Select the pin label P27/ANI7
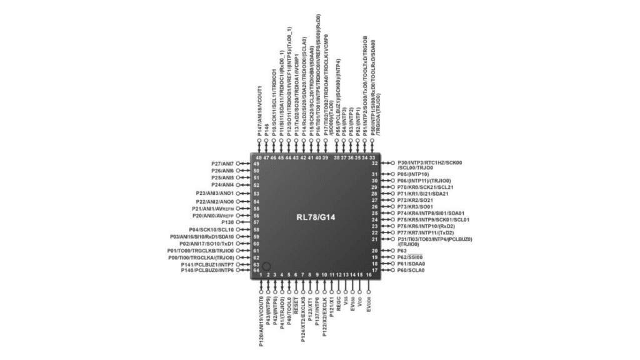[x=223, y=163]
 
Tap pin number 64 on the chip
[x=256, y=270]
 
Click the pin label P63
[x=403, y=251]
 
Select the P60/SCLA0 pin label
[x=411, y=270]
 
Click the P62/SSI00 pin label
[x=410, y=257]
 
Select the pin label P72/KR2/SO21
[x=415, y=200]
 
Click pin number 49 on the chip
[x=256, y=163]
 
